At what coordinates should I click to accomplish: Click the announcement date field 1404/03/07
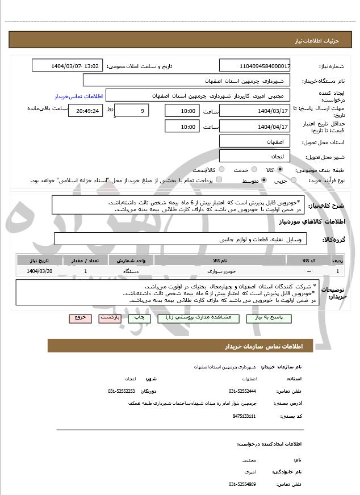pos(67,66)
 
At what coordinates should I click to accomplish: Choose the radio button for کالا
pos(279,170)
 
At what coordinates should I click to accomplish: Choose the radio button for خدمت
pos(253,170)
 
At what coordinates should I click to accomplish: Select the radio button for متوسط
pos(264,181)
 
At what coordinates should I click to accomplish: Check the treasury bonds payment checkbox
pos(219,181)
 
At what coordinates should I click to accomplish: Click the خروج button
pos(80,318)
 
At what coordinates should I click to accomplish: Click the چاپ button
pos(139,318)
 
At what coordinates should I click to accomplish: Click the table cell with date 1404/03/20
pos(39,272)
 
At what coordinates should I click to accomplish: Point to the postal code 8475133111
pos(244,416)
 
